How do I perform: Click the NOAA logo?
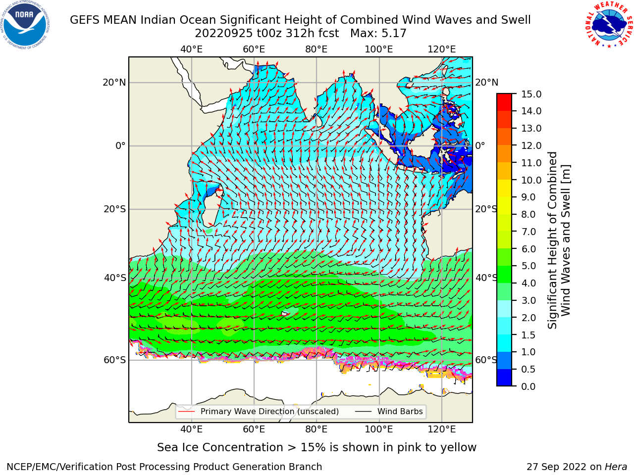click(25, 25)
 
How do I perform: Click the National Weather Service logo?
click(609, 25)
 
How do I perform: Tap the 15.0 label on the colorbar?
click(531, 95)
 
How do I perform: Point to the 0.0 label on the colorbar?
click(528, 386)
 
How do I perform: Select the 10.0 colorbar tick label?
click(531, 180)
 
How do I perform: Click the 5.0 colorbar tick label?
click(528, 266)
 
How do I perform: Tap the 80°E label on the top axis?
click(317, 49)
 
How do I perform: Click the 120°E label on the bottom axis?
click(442, 429)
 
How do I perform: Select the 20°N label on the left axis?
click(114, 83)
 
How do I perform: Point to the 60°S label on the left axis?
click(115, 360)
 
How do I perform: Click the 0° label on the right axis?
click(480, 145)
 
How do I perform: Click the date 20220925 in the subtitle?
click(223, 34)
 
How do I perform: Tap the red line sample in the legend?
click(186, 412)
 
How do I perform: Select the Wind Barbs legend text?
click(400, 412)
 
